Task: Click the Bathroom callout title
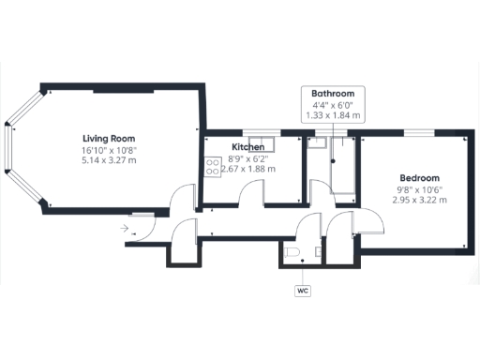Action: (334, 95)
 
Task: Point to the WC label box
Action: (302, 291)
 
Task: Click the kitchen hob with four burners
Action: (213, 166)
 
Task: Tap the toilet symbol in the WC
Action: (292, 255)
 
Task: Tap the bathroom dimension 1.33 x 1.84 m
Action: (334, 115)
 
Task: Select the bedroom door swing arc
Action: (371, 221)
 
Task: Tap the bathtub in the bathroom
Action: (344, 169)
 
